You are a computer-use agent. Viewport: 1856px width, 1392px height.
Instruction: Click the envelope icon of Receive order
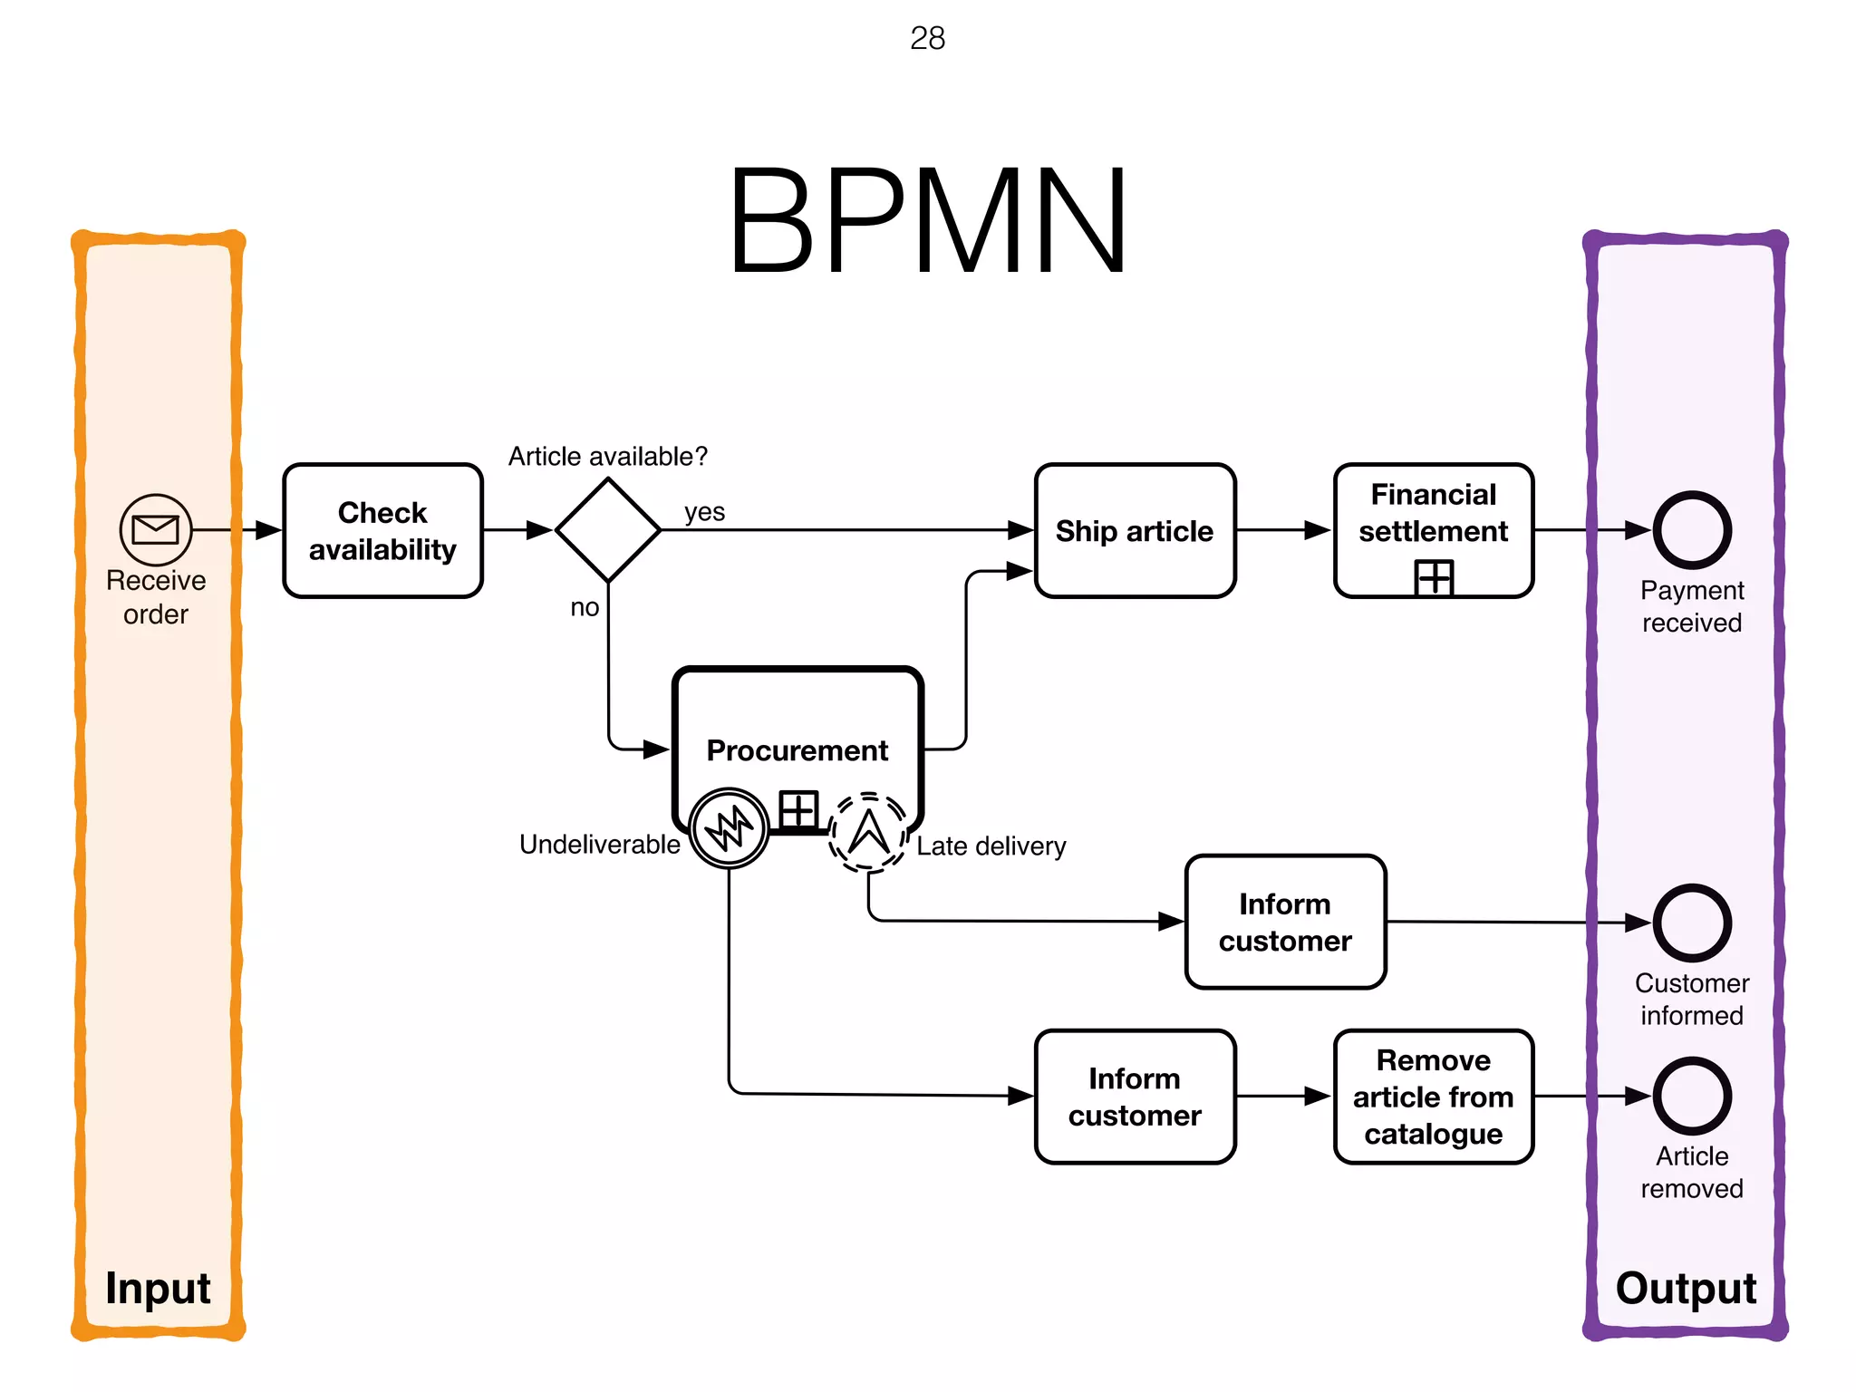click(x=156, y=529)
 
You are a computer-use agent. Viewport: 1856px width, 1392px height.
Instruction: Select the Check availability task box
click(x=382, y=531)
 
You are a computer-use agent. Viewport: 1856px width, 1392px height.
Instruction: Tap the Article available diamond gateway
click(x=607, y=530)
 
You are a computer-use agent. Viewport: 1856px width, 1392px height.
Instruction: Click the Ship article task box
click(x=1135, y=531)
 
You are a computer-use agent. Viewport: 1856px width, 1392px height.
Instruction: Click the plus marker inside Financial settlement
click(x=1434, y=577)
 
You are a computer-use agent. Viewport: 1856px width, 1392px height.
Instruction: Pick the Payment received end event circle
click(x=1692, y=530)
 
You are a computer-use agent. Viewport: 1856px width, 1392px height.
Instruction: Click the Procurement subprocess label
click(x=797, y=750)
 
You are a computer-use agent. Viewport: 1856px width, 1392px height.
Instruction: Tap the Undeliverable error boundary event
click(x=729, y=828)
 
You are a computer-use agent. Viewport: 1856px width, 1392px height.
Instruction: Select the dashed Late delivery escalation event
click(x=868, y=832)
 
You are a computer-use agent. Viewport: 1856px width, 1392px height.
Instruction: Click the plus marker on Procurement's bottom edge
click(x=798, y=809)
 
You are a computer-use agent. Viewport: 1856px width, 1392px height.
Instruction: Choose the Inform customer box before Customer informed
click(x=1285, y=923)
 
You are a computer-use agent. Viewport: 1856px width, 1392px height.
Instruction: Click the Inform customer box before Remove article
click(x=1135, y=1097)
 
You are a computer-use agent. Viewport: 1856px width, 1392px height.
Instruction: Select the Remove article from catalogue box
click(x=1433, y=1097)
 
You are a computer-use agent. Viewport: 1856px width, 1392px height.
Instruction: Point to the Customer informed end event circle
click(x=1692, y=923)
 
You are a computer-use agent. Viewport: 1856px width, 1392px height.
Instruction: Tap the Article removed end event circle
click(x=1692, y=1096)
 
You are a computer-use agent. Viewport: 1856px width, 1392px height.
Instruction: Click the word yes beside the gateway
click(x=704, y=512)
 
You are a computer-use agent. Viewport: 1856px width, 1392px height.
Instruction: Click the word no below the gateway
click(x=585, y=607)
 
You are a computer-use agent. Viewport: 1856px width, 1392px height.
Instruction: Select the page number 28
click(x=927, y=38)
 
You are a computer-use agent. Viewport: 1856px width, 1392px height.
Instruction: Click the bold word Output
click(x=1686, y=1288)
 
